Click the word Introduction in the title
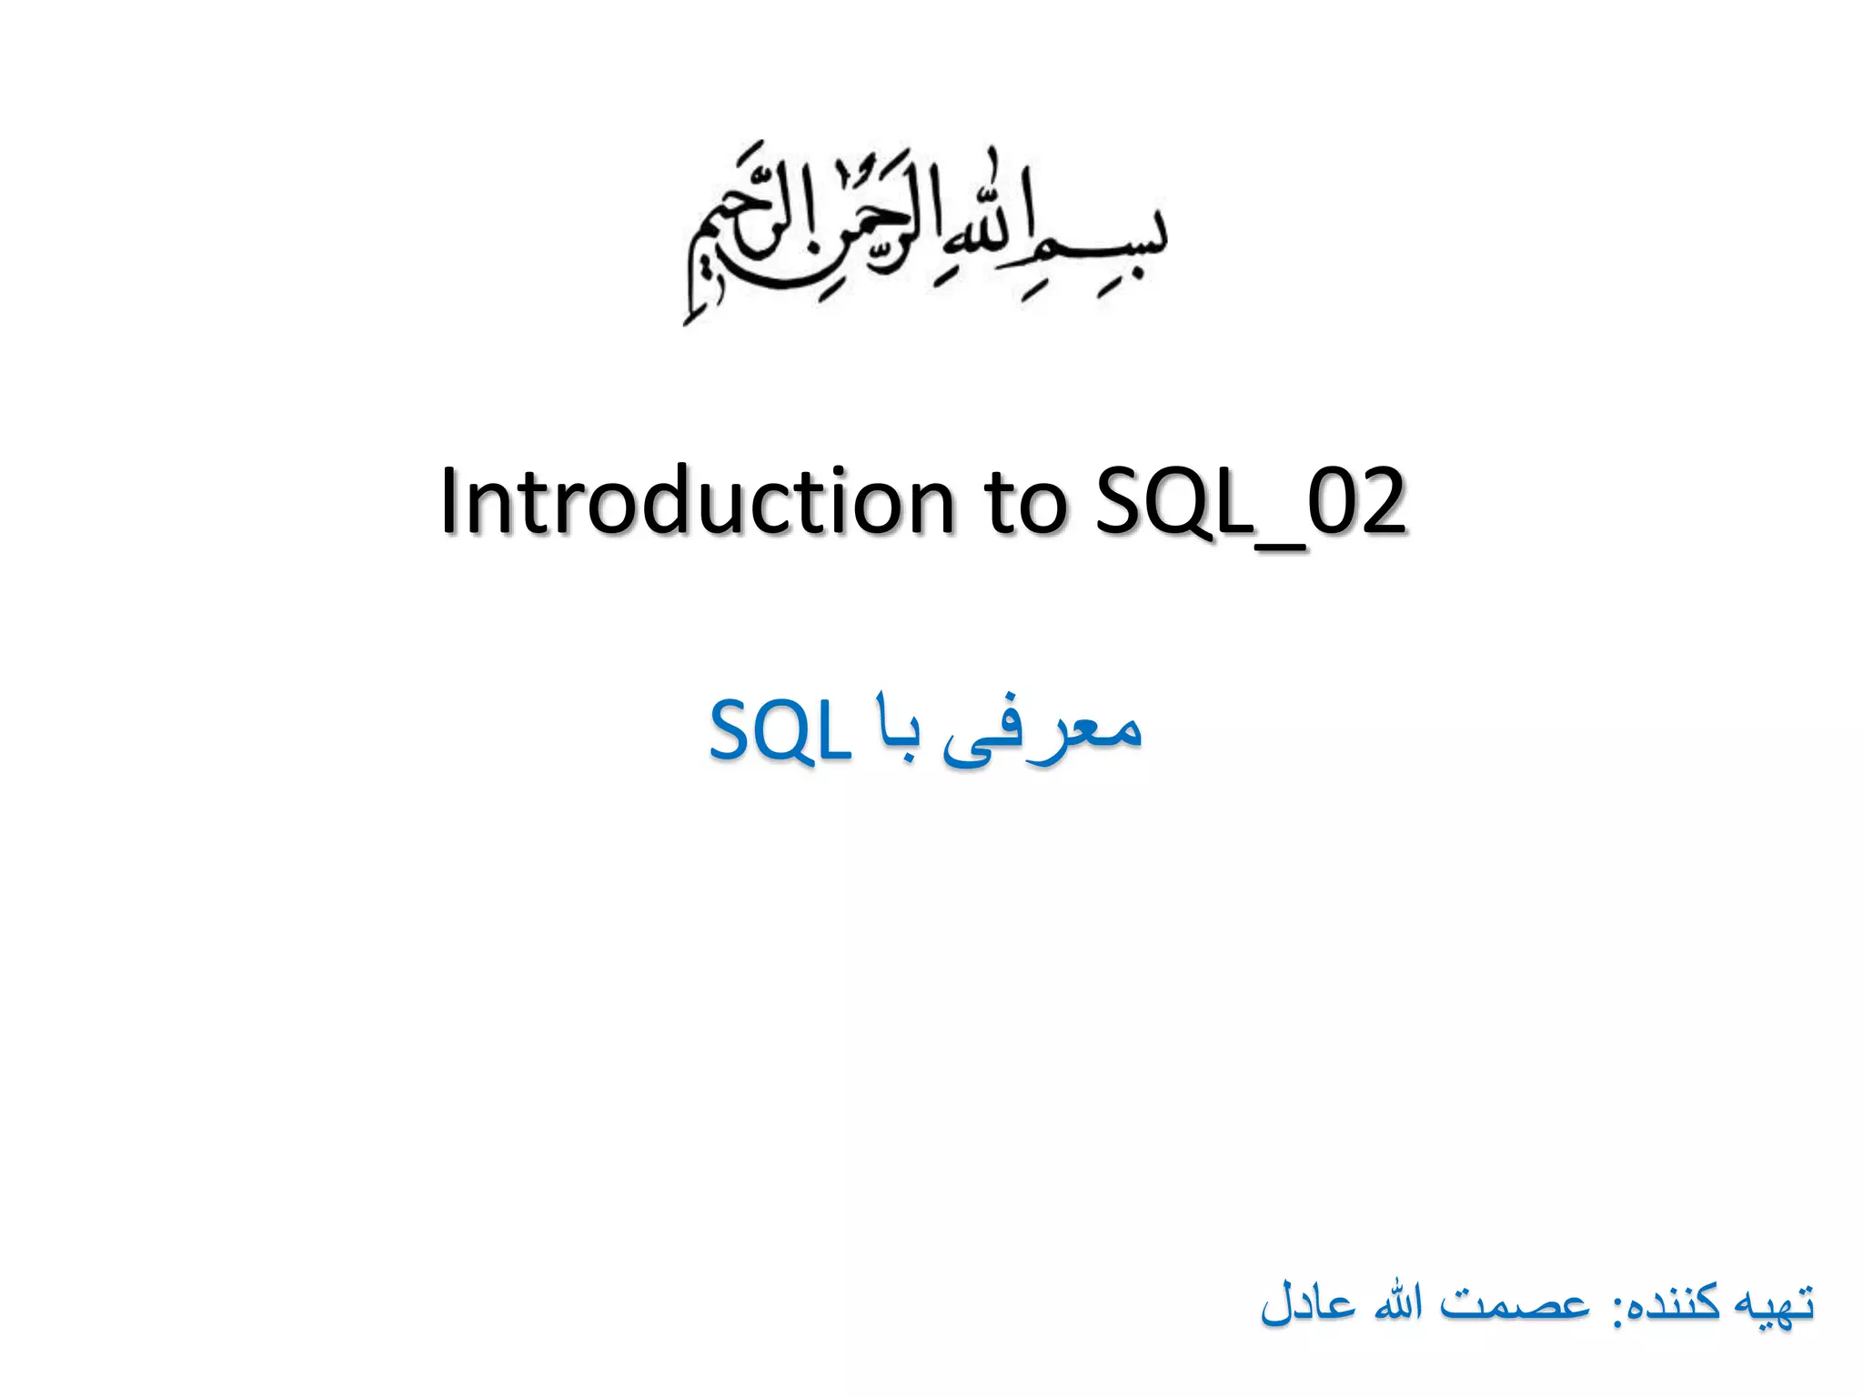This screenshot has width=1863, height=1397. (696, 502)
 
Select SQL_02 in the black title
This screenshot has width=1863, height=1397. (1251, 502)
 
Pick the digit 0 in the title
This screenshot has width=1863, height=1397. (1334, 502)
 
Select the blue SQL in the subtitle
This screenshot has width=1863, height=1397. (780, 732)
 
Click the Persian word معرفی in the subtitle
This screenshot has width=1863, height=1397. (1042, 732)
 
